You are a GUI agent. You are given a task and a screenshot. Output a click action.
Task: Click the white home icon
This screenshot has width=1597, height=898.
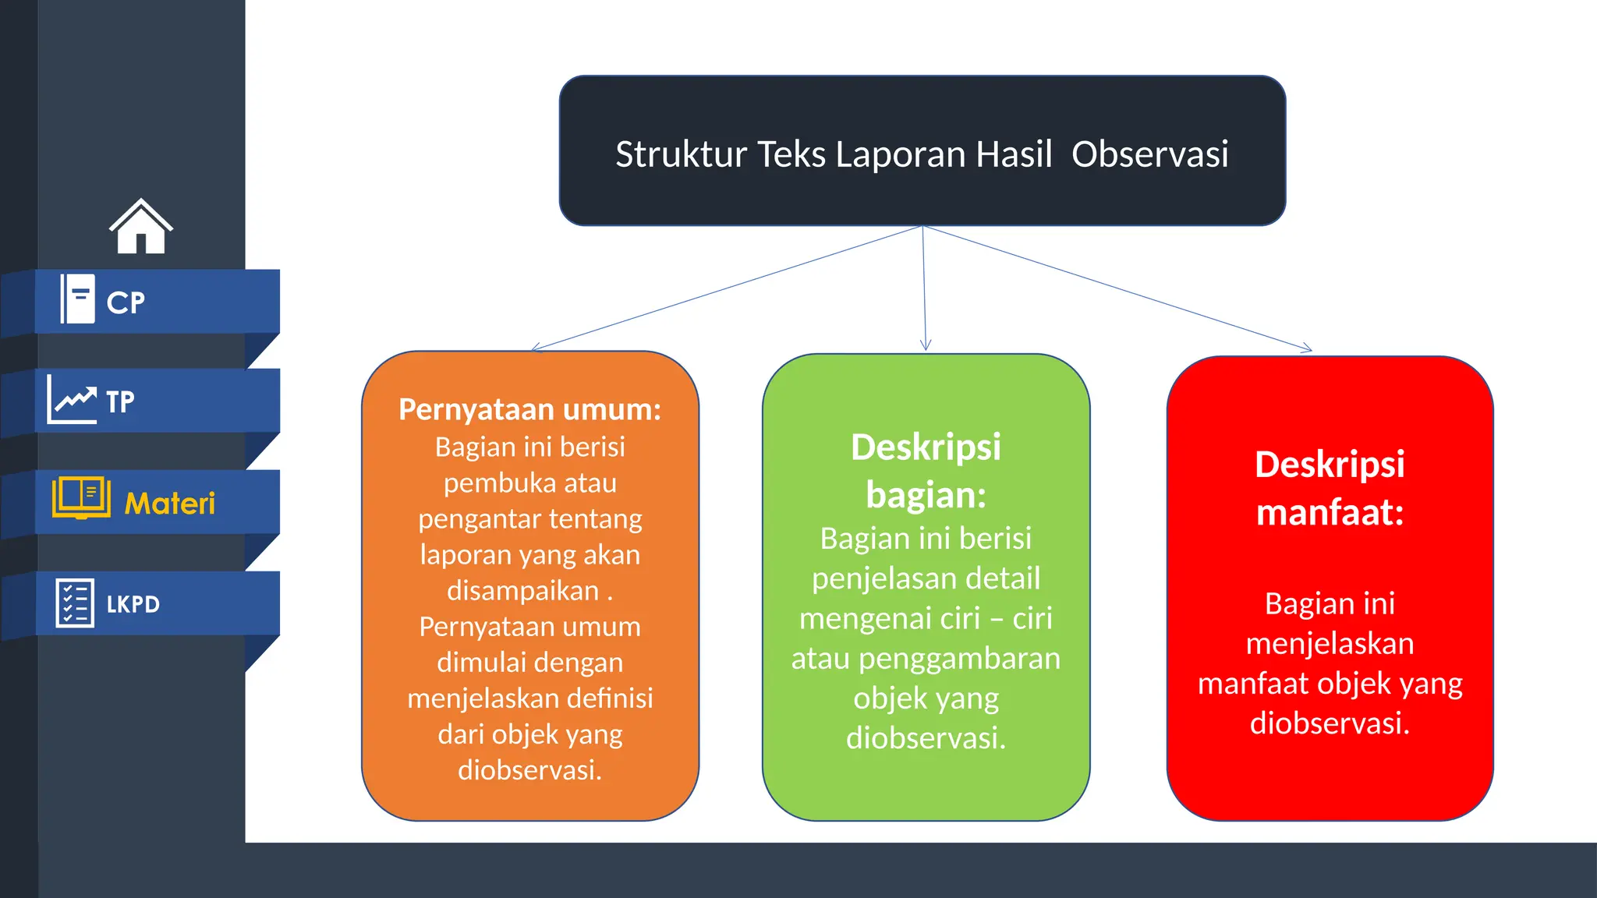click(x=141, y=227)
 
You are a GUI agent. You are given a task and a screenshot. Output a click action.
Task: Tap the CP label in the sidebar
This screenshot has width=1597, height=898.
click(x=126, y=302)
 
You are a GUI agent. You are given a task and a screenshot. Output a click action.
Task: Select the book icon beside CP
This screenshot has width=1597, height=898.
click(x=78, y=299)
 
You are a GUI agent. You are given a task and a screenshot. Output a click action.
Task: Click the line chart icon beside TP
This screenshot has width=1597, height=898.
click(x=73, y=399)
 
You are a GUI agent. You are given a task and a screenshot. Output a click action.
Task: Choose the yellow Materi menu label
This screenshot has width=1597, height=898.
click(x=169, y=504)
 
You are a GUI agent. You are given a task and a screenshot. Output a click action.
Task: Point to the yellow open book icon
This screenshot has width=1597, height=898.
click(x=81, y=497)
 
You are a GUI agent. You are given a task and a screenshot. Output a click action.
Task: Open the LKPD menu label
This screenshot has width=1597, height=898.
click(x=133, y=604)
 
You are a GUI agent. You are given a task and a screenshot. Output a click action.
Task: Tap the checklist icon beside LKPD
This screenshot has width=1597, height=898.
click(x=75, y=603)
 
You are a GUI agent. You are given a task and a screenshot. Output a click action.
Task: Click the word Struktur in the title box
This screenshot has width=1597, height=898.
click(x=681, y=154)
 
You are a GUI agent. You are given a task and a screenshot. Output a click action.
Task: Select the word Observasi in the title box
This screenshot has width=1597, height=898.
click(x=1149, y=154)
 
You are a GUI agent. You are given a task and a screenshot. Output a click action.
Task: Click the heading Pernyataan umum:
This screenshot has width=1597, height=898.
click(x=529, y=409)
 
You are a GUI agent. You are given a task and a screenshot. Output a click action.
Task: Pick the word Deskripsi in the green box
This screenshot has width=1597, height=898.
click(x=926, y=447)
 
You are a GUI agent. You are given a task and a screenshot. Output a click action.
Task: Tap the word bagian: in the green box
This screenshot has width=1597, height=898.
click(x=926, y=495)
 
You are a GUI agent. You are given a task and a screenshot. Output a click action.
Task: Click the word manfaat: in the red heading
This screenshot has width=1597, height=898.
click(x=1330, y=513)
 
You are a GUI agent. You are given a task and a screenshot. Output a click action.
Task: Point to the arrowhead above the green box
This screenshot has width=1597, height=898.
click(x=926, y=345)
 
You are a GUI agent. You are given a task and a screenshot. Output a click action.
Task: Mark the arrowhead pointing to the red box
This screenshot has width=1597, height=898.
click(x=1307, y=349)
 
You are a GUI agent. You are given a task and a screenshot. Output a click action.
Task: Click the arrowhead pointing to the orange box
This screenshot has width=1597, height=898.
click(x=536, y=348)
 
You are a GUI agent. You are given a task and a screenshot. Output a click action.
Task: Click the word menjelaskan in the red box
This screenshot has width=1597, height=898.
click(x=1330, y=644)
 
